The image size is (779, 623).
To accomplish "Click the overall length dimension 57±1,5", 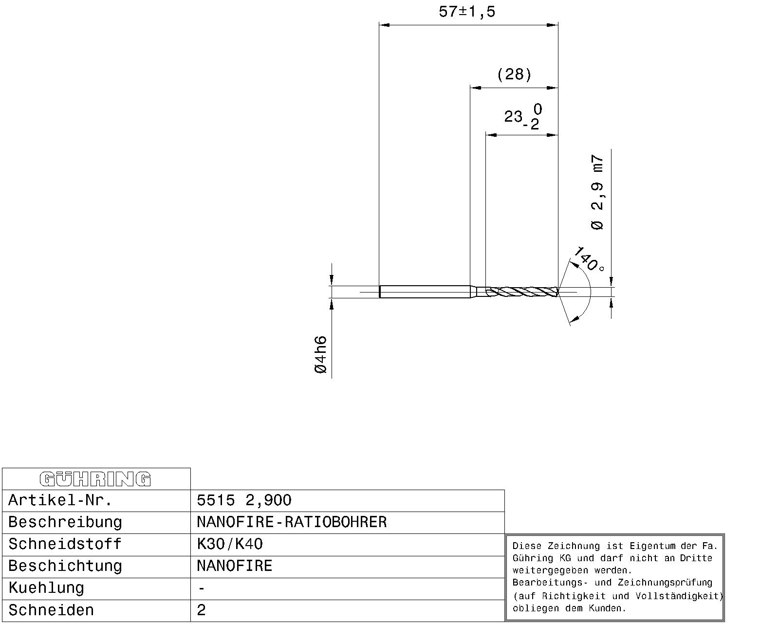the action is pyautogui.click(x=466, y=12).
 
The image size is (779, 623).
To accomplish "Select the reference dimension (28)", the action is pyautogui.click(x=514, y=74).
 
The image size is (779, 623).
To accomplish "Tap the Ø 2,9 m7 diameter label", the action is pyautogui.click(x=597, y=192).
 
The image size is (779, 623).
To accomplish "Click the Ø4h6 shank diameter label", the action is pyautogui.click(x=321, y=355).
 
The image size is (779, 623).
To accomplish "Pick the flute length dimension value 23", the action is pyautogui.click(x=513, y=116).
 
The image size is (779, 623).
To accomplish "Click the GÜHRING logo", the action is pyautogui.click(x=95, y=479).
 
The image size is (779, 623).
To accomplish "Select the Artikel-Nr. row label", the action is pyautogui.click(x=60, y=500).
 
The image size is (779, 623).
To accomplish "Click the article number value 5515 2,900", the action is pyautogui.click(x=244, y=500).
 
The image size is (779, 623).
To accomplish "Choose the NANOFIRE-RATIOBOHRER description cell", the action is pyautogui.click(x=292, y=522).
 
